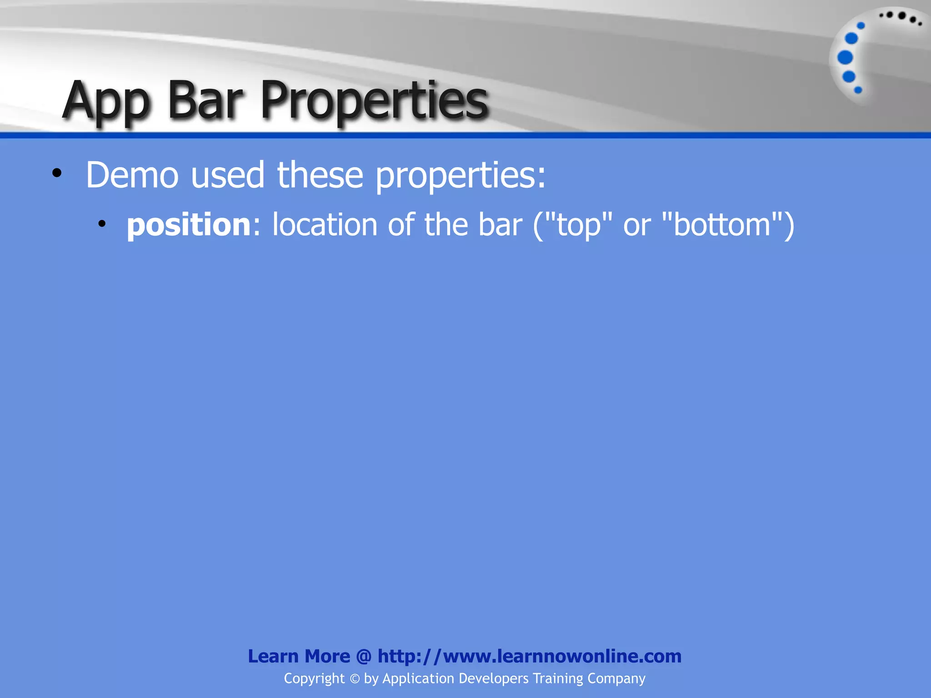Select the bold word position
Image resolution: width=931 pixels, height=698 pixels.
(x=188, y=225)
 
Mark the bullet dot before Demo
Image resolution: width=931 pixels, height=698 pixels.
(x=56, y=173)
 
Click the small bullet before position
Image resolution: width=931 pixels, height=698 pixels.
(x=102, y=224)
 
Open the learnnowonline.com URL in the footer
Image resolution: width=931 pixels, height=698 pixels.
(x=529, y=656)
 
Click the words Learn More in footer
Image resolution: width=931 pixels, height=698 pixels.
(x=299, y=656)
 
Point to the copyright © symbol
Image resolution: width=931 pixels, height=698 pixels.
(x=354, y=679)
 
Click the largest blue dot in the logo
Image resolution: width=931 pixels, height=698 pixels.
(x=845, y=58)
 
